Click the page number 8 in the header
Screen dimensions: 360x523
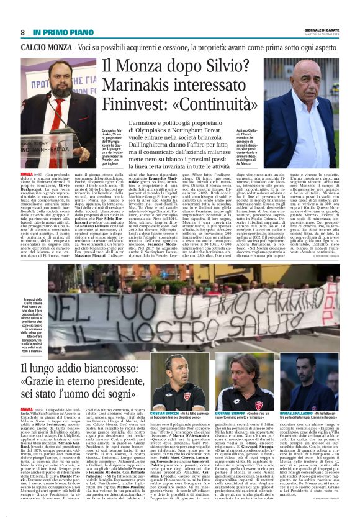[23, 32]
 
